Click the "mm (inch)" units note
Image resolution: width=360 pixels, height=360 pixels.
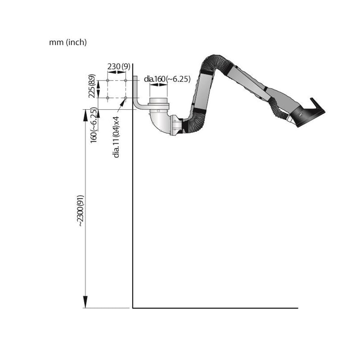pos(68,43)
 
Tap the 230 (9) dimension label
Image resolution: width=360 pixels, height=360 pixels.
pos(119,67)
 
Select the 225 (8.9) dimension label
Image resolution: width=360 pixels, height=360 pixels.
pos(92,86)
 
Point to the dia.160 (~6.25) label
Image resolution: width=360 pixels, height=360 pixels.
pos(167,79)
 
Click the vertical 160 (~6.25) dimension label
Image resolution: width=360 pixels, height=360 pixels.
pos(93,125)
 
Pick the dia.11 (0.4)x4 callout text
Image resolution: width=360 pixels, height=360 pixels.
pos(117,137)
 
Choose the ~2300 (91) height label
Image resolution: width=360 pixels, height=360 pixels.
pos(81,211)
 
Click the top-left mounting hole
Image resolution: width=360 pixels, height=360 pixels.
pos(108,80)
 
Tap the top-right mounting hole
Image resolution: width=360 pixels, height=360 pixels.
pos(126,80)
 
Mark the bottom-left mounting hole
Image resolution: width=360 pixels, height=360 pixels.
pos(108,98)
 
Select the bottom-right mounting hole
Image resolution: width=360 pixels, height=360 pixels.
pos(126,98)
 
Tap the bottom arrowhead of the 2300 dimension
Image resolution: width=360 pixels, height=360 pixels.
pos(85,302)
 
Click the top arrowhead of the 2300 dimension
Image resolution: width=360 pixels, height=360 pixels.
pos(85,115)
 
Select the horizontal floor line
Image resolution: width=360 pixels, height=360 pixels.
pos(216,308)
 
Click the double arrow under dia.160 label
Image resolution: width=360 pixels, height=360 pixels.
pos(158,85)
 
